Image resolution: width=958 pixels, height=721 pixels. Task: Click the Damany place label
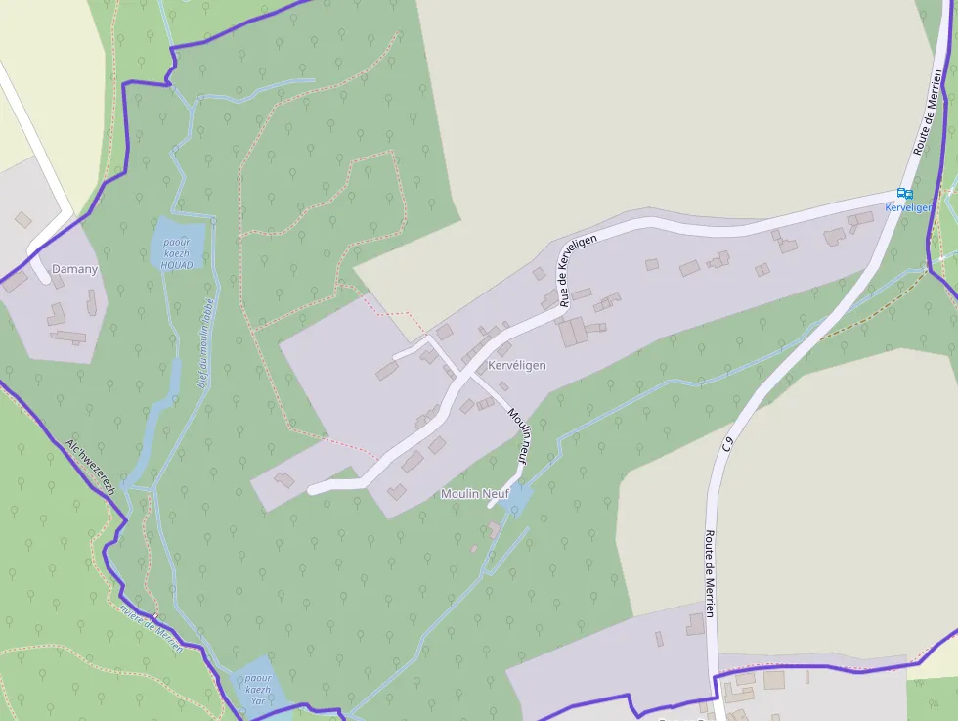75,269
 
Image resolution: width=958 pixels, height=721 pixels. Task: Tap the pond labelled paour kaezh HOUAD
178,245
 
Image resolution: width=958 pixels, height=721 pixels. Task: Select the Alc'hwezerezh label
92,466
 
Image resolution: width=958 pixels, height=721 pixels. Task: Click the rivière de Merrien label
152,627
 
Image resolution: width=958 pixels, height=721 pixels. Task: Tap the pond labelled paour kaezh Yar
258,689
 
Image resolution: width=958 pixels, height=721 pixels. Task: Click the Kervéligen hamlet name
516,365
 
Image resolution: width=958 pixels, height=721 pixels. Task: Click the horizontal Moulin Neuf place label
475,494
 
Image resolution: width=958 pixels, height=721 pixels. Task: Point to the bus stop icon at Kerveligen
904,194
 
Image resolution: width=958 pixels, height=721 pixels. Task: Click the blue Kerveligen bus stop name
908,208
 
